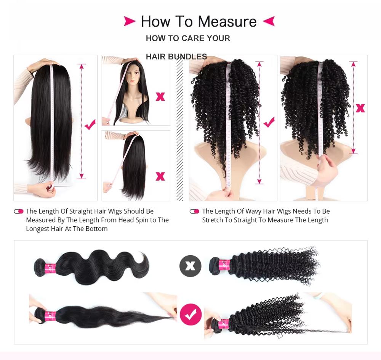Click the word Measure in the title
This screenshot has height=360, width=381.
[227, 21]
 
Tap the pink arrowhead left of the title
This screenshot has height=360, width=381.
[130, 21]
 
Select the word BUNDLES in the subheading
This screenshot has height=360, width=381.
[187, 57]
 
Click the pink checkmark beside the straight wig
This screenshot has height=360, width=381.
[90, 124]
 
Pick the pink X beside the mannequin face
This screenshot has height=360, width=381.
[160, 96]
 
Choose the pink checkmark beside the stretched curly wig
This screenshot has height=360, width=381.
[269, 122]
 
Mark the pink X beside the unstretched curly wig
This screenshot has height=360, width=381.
[360, 108]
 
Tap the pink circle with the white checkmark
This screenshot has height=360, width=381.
[190, 314]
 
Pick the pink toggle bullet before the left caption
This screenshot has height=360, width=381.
[18, 211]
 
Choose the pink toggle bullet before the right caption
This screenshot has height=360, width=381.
[194, 211]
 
